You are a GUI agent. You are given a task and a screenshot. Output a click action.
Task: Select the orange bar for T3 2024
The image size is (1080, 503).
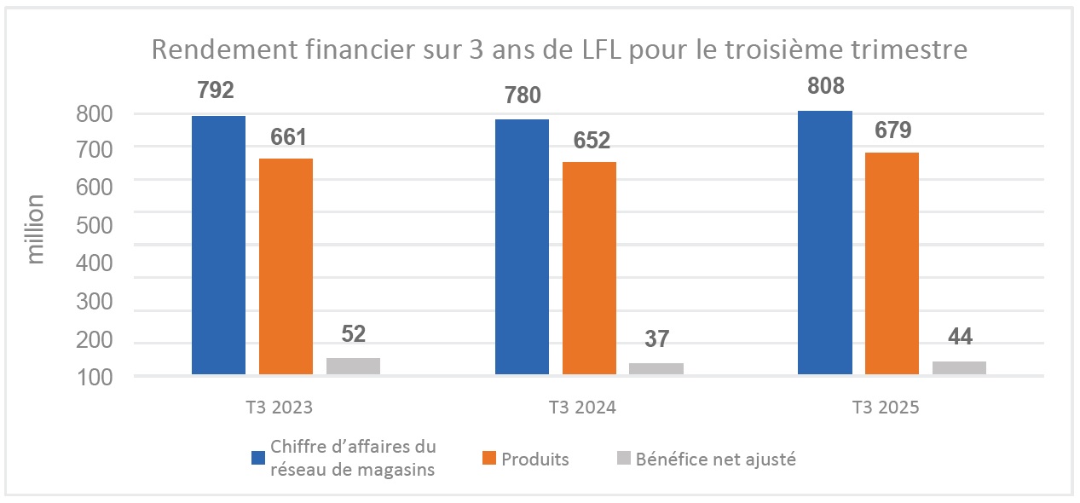(x=589, y=268)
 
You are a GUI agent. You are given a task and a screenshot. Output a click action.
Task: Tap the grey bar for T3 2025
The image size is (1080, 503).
(x=959, y=367)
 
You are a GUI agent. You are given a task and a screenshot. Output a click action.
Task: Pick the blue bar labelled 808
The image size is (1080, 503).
(x=824, y=242)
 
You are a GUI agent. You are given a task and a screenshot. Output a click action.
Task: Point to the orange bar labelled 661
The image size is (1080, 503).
(x=286, y=266)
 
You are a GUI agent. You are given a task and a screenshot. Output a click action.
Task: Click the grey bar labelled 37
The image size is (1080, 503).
(x=656, y=368)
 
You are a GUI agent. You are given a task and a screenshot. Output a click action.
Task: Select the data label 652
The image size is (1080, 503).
(x=590, y=141)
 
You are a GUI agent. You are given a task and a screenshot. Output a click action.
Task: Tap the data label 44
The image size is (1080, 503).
(x=959, y=336)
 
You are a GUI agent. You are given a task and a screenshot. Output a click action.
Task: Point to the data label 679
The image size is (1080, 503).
(x=893, y=130)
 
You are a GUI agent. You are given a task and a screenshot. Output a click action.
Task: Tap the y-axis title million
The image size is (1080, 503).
(x=35, y=228)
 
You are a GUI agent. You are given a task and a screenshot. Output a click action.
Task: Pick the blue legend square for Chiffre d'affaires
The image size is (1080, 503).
(x=258, y=458)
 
